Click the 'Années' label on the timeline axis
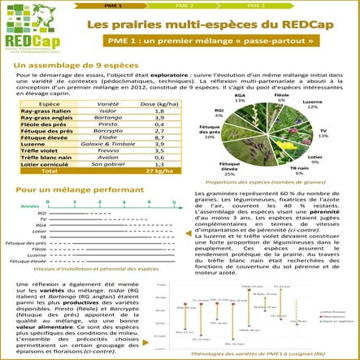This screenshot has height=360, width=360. tap(30, 206)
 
